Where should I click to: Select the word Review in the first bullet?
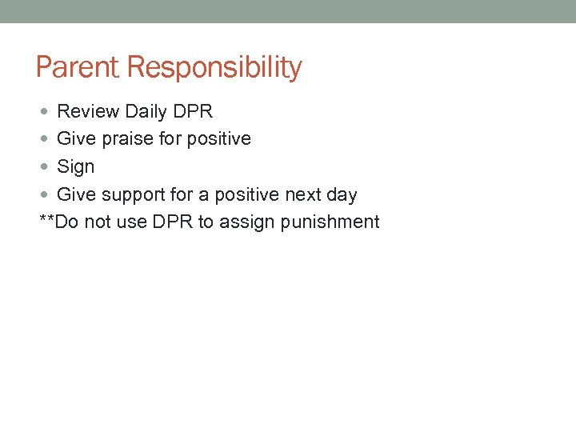tap(88, 111)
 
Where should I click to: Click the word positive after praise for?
tap(218, 139)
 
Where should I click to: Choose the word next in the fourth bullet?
tap(303, 195)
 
